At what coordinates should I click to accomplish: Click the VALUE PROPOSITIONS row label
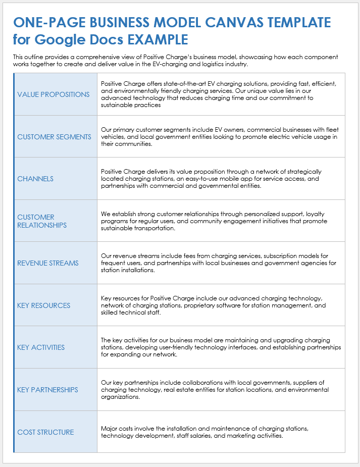[x=54, y=94]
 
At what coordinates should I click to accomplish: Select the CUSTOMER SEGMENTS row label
[x=54, y=137]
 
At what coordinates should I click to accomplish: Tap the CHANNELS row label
[x=35, y=179]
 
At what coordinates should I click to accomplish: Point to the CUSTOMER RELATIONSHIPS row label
[x=42, y=221]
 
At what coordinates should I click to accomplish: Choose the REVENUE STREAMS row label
[x=48, y=263]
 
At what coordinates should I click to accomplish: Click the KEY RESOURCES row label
[x=43, y=305]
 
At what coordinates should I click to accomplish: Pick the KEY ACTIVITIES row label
[x=41, y=347]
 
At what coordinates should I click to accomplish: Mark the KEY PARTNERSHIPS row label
[x=47, y=390]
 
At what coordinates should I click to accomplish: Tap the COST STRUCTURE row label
[x=45, y=432]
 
